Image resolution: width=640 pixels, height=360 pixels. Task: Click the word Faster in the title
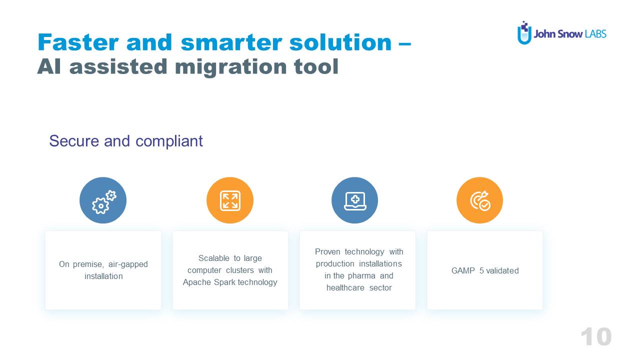point(78,42)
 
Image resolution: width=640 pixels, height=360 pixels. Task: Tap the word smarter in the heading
point(231,43)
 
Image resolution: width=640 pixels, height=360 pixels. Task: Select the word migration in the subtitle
point(230,67)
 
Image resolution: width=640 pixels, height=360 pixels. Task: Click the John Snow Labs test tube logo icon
point(524,33)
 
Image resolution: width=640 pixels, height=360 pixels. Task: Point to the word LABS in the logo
point(595,34)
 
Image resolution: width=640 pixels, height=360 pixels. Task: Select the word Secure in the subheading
point(74,141)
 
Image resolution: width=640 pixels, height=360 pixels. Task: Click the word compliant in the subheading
point(169,141)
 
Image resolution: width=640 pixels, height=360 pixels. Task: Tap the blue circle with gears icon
point(103,200)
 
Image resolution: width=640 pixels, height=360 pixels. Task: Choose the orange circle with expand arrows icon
point(230,200)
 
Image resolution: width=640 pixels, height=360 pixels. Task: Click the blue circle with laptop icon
point(354,200)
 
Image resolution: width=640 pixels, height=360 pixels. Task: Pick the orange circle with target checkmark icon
point(479,200)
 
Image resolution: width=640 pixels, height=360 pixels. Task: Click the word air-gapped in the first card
point(128,264)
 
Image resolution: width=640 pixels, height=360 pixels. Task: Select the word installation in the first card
point(103,276)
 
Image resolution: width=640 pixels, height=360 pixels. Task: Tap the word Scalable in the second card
point(213,258)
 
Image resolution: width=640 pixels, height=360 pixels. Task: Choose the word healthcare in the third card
point(345,287)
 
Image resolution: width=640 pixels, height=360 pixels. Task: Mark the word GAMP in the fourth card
point(463,270)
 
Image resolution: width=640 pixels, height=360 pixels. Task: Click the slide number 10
point(596,337)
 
